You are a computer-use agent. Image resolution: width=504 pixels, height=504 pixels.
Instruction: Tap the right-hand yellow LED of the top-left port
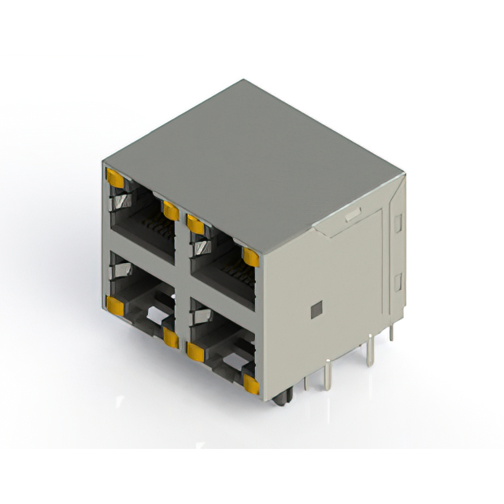[x=170, y=209]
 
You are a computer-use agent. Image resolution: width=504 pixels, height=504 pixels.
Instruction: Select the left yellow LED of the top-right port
[x=195, y=226]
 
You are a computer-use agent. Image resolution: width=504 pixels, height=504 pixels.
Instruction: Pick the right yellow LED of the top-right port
[x=251, y=258]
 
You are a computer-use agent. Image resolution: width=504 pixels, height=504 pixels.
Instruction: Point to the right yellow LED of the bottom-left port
[x=171, y=337]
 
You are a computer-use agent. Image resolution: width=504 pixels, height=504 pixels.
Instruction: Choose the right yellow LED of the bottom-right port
[x=251, y=384]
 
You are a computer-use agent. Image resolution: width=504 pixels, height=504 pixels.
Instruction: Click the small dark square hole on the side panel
[x=317, y=309]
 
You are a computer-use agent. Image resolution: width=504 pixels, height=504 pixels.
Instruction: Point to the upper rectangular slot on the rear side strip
[x=398, y=223]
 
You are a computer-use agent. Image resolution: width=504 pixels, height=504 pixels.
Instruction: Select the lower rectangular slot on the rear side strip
[x=398, y=281]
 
